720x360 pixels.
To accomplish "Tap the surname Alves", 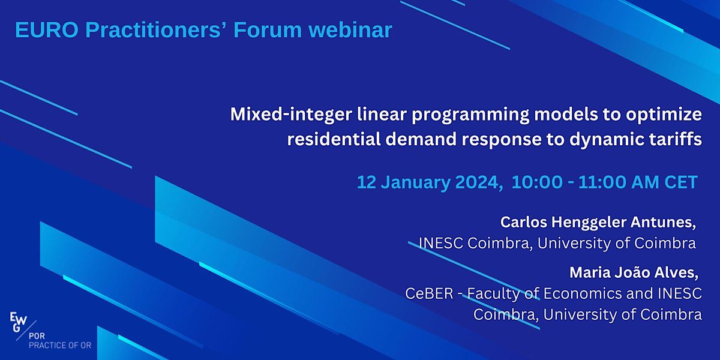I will [676, 274].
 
